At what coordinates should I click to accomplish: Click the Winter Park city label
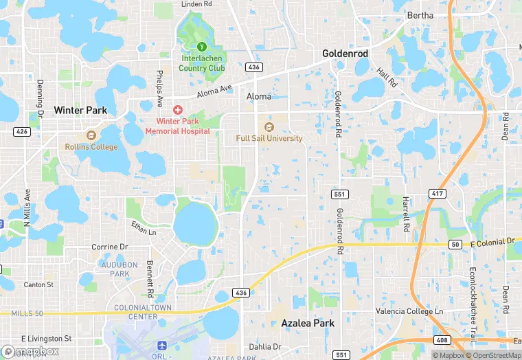[x=80, y=110]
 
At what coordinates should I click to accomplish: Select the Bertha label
[x=420, y=15]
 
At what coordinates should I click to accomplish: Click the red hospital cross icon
[x=178, y=110]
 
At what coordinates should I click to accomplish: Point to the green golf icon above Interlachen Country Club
[x=202, y=46]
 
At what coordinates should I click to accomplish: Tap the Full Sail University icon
[x=269, y=126]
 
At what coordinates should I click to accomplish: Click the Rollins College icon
[x=91, y=135]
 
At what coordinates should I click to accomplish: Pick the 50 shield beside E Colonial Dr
[x=455, y=245]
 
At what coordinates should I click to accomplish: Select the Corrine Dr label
[x=110, y=247]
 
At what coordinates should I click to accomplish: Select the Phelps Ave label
[x=160, y=82]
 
